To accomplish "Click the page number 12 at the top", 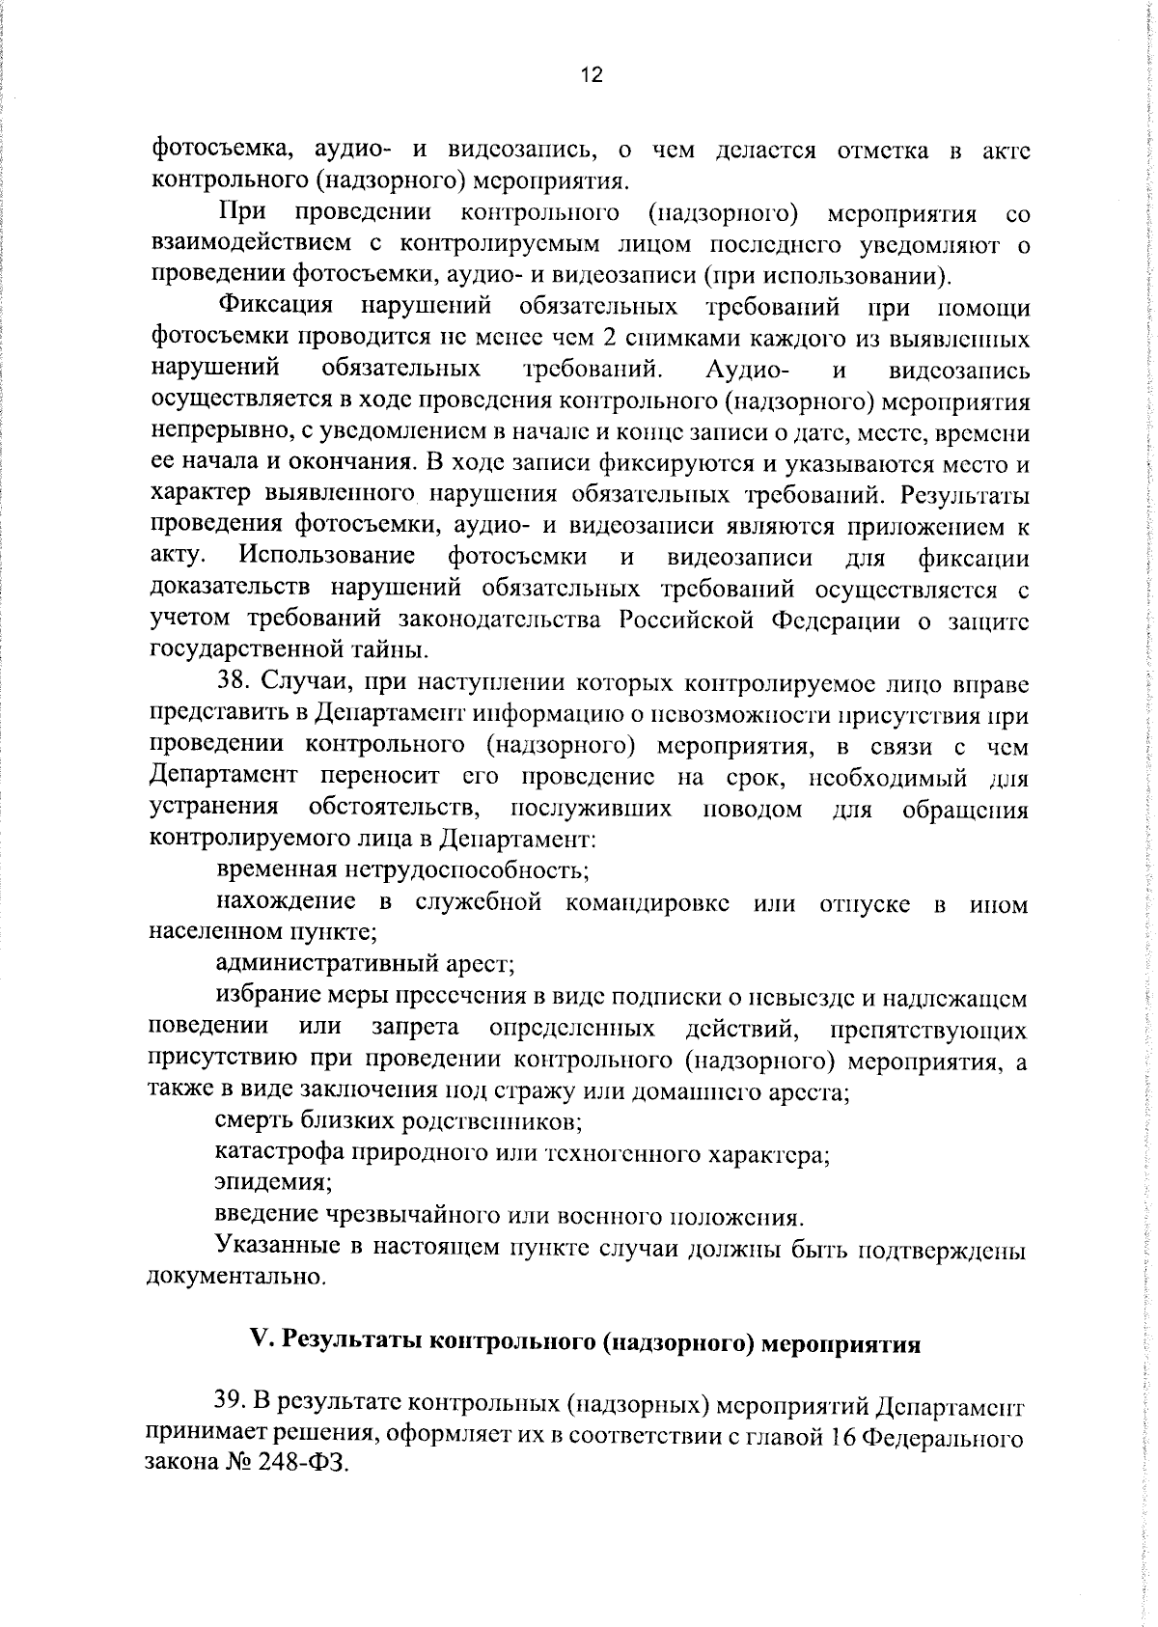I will click(592, 75).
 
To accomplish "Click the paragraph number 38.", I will click(233, 683).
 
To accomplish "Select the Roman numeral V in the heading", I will click(257, 1342).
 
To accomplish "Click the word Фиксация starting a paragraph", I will click(276, 307).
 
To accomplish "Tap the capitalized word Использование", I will click(328, 557).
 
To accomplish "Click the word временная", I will click(276, 870).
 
